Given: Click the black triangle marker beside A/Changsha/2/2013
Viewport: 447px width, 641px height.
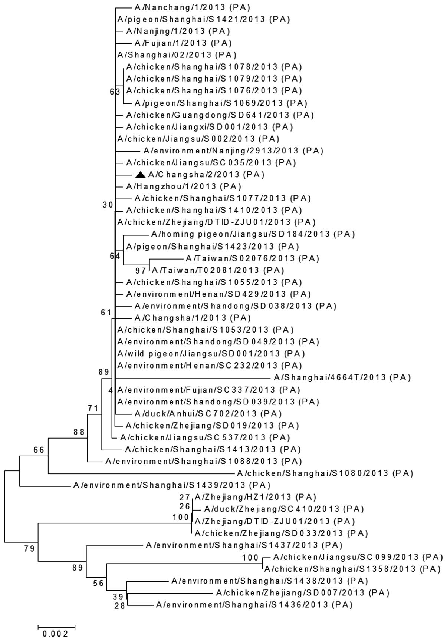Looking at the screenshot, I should (x=140, y=175).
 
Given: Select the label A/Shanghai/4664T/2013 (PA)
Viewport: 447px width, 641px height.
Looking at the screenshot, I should (x=342, y=378).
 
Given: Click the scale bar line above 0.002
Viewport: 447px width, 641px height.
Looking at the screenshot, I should (x=56, y=627).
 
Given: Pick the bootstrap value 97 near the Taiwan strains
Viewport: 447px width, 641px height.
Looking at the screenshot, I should (x=141, y=271).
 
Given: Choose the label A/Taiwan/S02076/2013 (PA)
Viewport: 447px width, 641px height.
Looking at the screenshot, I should (x=252, y=258).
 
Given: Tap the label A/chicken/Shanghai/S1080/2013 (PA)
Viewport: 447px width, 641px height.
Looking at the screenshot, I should (x=325, y=473).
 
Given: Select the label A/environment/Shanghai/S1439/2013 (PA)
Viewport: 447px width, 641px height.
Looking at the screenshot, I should (x=172, y=485).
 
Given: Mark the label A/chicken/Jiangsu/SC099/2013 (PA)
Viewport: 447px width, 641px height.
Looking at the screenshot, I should (x=358, y=557).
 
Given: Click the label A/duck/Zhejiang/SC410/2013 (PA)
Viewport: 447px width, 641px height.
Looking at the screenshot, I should (x=284, y=509).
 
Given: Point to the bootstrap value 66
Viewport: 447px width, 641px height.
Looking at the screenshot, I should (x=39, y=450).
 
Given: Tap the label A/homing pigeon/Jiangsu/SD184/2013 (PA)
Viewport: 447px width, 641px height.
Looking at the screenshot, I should (x=253, y=234).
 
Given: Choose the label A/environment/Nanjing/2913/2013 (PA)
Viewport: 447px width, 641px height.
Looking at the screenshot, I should (x=233, y=151).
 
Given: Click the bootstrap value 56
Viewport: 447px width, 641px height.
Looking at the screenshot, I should (x=98, y=584).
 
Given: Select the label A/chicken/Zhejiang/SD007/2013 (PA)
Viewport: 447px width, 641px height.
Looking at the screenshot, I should (x=303, y=593).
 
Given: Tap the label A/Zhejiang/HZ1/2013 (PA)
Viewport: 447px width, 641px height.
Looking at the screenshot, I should (x=255, y=497).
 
